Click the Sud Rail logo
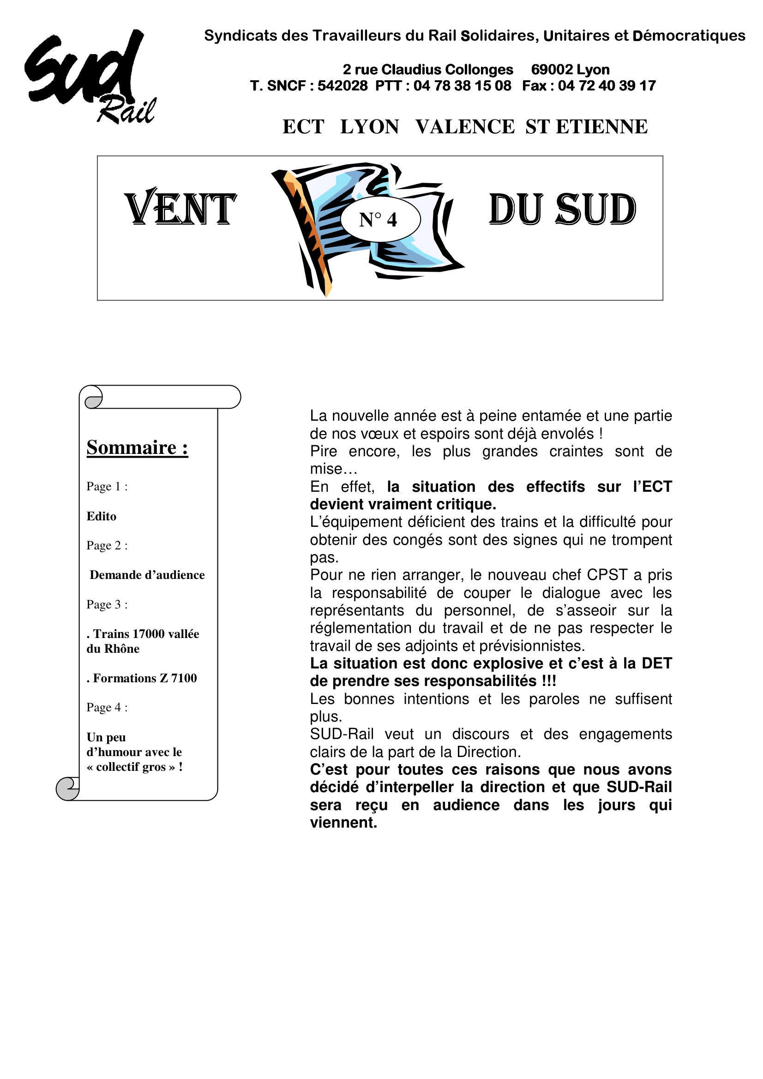[x=90, y=77]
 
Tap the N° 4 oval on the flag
[x=380, y=220]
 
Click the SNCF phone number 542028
[x=342, y=86]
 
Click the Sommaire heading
[x=137, y=447]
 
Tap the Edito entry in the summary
[x=101, y=517]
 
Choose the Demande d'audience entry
[x=147, y=575]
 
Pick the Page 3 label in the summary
[x=107, y=604]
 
